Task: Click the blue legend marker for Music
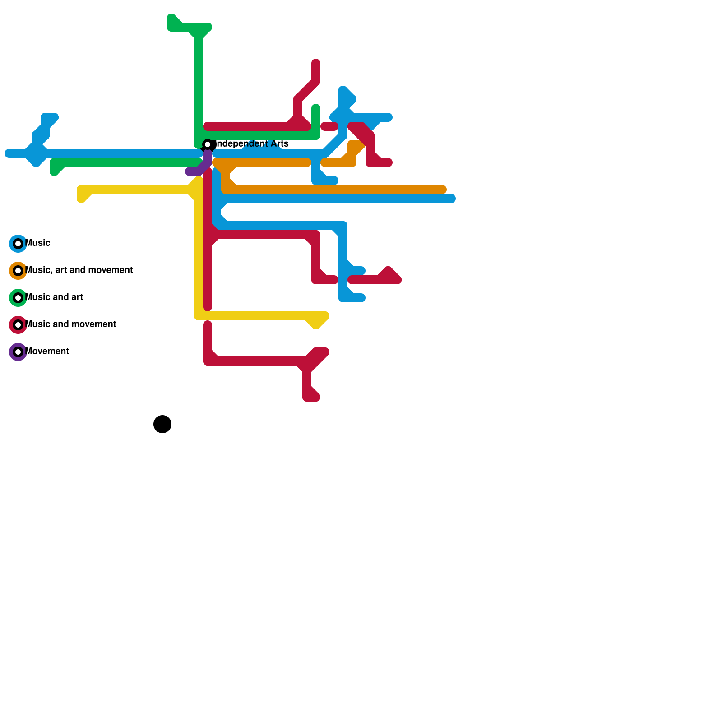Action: [18, 244]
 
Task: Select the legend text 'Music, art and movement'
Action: [79, 270]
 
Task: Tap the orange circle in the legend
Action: [18, 271]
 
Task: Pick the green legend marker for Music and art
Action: [18, 298]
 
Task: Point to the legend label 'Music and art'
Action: [54, 297]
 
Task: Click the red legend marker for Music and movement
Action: [18, 325]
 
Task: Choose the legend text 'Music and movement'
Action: [71, 324]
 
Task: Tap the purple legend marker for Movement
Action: [18, 352]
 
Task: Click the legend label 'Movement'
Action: [47, 351]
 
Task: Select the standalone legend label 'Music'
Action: [38, 243]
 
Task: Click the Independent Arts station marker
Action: [208, 144]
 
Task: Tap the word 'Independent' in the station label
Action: [240, 143]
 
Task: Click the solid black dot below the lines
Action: [162, 424]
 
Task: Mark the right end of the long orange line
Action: [443, 190]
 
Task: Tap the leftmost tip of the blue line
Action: [8, 153]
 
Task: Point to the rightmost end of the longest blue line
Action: [452, 199]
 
